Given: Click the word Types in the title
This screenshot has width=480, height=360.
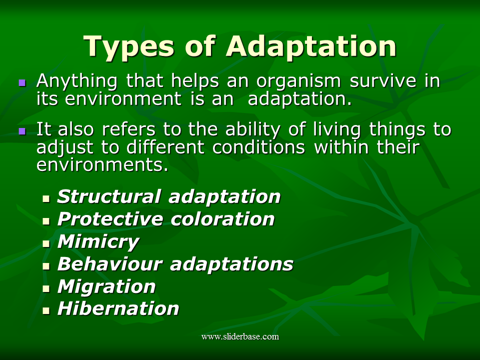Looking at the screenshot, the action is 128,46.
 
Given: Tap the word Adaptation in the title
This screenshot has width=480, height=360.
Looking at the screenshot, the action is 311,46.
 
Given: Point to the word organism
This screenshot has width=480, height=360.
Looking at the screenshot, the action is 298,82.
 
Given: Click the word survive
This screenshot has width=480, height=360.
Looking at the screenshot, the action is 382,81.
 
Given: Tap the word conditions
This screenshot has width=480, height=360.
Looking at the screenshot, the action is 258,147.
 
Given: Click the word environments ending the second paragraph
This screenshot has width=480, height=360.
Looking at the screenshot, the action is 102,164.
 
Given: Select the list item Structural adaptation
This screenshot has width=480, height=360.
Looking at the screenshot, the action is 168,196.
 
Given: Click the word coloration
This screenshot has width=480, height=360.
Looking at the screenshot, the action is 222,219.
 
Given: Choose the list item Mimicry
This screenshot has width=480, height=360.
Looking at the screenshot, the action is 98,242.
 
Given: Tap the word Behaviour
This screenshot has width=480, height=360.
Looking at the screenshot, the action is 109,263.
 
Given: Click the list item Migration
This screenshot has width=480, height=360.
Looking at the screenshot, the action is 106,287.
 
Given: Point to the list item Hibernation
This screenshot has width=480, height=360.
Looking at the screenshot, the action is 118,308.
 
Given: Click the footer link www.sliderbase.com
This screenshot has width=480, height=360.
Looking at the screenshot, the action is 240,336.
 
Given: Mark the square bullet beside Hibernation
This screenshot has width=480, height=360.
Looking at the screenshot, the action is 46,311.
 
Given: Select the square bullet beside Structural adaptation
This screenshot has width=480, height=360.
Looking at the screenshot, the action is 46,199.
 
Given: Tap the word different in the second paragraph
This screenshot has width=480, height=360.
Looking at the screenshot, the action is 165,147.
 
